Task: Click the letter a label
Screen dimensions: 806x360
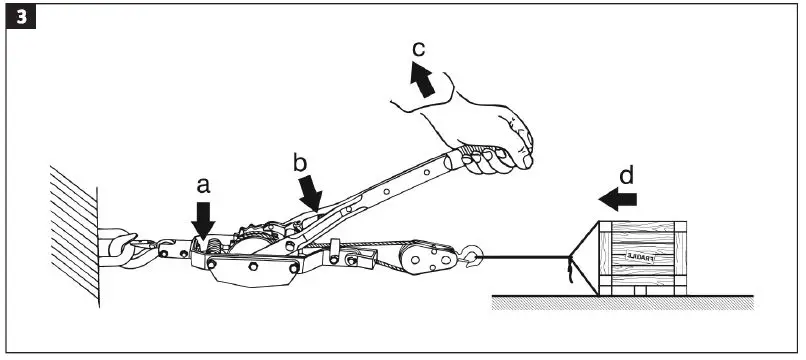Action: point(204,185)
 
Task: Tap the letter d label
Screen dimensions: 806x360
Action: point(625,176)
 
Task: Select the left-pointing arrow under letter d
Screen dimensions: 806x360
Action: point(621,199)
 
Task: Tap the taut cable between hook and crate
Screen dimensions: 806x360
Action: point(520,262)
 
